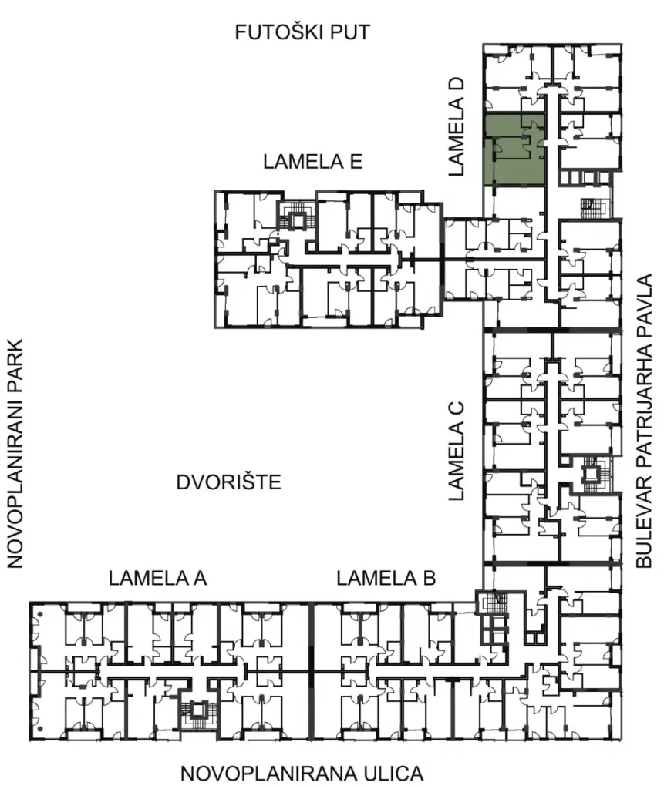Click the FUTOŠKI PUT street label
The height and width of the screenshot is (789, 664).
(302, 32)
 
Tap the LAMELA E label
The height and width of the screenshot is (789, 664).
(312, 162)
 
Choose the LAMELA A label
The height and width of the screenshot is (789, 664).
(157, 578)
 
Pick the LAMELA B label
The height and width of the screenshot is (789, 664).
(386, 578)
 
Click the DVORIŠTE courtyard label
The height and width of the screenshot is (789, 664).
(229, 484)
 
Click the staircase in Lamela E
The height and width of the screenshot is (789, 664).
(295, 216)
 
